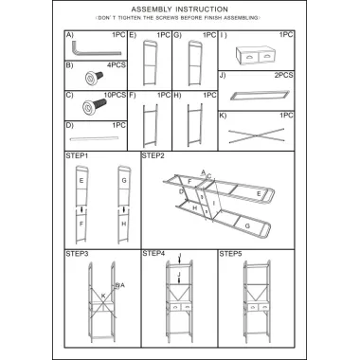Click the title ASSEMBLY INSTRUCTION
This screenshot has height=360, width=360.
[x=180, y=9]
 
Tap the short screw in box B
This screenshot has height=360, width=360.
[x=94, y=77]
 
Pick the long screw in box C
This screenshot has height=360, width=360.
[x=95, y=105]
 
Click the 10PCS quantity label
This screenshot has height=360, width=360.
[x=115, y=95]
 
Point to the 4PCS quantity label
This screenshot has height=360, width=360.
[x=117, y=65]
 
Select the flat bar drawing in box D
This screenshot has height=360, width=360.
[x=94, y=138]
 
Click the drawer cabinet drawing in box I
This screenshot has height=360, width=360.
[x=256, y=55]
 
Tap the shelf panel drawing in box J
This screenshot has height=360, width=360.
[x=260, y=95]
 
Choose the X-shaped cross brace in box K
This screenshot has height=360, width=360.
[x=256, y=135]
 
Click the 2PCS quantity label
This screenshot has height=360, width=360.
[x=283, y=75]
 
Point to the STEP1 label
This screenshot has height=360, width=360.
[x=77, y=155]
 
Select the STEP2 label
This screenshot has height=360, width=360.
[x=153, y=155]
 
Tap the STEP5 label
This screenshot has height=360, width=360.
[x=230, y=254]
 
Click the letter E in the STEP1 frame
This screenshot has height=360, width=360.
[x=81, y=181]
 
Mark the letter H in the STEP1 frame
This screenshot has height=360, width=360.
[x=124, y=224]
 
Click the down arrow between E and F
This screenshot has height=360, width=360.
[x=81, y=209]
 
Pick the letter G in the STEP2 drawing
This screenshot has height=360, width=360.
[x=247, y=226]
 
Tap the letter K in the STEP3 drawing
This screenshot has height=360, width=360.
[x=103, y=296]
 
